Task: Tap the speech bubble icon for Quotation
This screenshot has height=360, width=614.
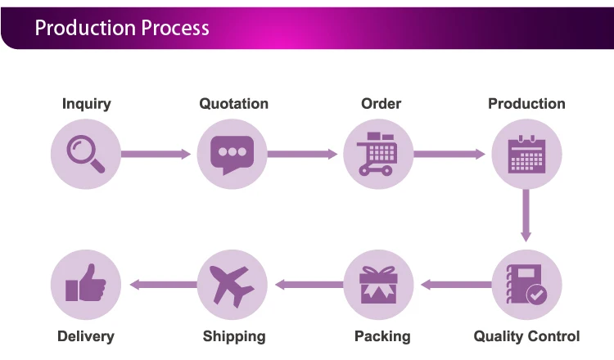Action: point(233,154)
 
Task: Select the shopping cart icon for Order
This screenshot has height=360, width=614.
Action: point(377,154)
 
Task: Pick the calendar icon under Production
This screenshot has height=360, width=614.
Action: point(526,154)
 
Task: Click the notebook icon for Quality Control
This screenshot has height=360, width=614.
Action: point(524,284)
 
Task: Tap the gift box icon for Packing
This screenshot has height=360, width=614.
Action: point(378,285)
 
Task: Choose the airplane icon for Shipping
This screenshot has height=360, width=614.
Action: point(233,286)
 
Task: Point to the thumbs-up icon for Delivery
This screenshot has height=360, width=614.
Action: point(86,282)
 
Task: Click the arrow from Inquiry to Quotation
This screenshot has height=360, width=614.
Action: point(156,154)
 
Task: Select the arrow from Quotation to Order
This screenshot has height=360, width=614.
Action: point(302,154)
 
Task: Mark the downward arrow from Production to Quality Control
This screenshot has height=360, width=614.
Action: point(526,216)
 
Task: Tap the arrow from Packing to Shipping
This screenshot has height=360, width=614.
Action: point(309,285)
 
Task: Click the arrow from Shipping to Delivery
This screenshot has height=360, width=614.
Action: point(163,285)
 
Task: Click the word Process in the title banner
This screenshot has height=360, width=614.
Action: point(175,28)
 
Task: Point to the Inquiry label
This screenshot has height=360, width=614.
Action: point(87,104)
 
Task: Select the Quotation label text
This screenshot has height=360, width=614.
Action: point(234,104)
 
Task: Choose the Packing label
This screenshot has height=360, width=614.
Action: point(382,336)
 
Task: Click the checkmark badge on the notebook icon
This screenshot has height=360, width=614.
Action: point(536,295)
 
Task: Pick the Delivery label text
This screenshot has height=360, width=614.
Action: point(86,336)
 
